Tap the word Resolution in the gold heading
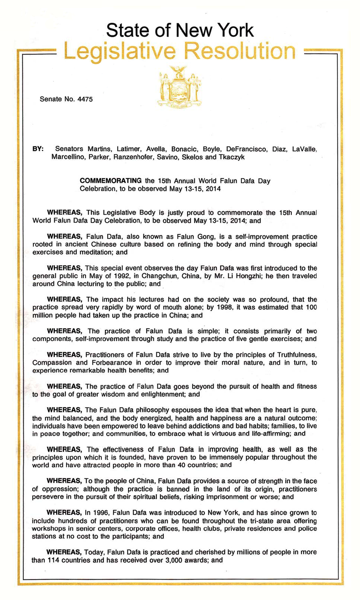pyautogui.click(x=240, y=51)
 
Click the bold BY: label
pyautogui.click(x=38, y=149)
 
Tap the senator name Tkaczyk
pyautogui.click(x=231, y=157)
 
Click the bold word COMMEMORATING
pyautogui.click(x=110, y=181)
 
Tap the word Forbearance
pyautogui.click(x=110, y=362)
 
